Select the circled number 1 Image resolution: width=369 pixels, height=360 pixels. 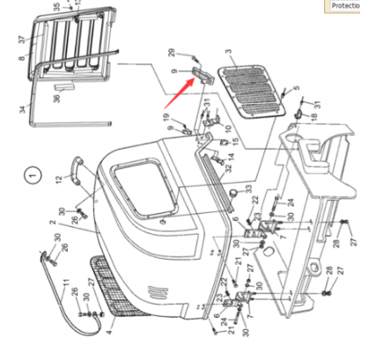tap(33, 176)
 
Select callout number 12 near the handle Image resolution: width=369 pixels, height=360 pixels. tap(59, 179)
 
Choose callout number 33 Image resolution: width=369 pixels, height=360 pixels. tap(248, 188)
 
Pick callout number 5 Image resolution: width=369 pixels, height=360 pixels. tap(297, 88)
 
